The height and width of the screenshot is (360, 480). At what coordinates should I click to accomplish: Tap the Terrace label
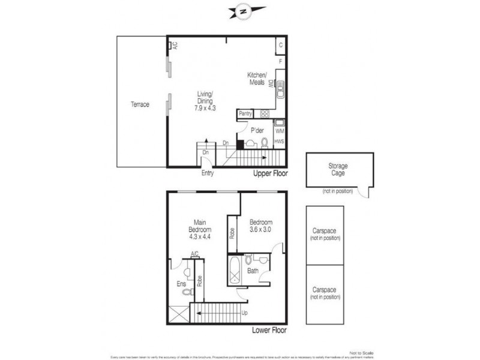pos(140,104)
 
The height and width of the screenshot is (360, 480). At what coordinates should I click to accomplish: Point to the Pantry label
pos(245,113)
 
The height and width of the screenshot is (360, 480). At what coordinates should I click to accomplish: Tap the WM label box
pos(279,130)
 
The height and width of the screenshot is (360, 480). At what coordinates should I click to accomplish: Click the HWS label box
pos(279,142)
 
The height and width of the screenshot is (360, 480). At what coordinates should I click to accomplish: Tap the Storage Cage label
pos(338,169)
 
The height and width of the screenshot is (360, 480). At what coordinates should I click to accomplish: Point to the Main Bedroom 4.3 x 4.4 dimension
pos(199,236)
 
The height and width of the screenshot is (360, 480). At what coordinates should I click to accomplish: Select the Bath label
pos(253,271)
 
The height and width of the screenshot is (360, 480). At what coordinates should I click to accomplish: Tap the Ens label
pos(181,283)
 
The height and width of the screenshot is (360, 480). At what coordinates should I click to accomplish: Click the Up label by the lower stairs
pos(245,313)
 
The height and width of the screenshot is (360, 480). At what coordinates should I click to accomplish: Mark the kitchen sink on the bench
pos(279,92)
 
